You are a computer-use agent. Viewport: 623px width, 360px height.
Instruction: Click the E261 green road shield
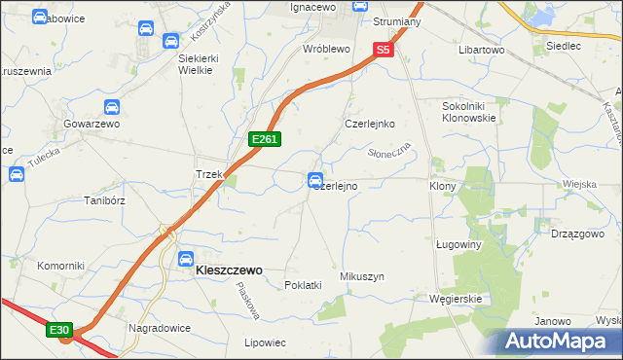pyautogui.click(x=265, y=140)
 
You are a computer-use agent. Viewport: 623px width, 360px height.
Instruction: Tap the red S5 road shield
pyautogui.click(x=384, y=50)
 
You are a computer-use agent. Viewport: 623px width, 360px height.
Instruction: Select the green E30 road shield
pyautogui.click(x=58, y=331)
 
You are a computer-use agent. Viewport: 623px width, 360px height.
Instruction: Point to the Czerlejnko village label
pyautogui.click(x=369, y=124)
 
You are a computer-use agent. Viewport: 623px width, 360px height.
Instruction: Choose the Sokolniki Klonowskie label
pyautogui.click(x=469, y=111)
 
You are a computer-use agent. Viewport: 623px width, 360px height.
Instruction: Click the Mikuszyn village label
pyautogui.click(x=362, y=276)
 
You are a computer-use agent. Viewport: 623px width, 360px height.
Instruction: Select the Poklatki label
pyautogui.click(x=303, y=285)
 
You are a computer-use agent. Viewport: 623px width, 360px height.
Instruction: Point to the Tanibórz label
pyautogui.click(x=104, y=200)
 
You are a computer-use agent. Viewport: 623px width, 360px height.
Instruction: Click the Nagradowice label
pyautogui.click(x=158, y=328)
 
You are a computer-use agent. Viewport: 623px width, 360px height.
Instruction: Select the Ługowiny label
pyautogui.click(x=459, y=245)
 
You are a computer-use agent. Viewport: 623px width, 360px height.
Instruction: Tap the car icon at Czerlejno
pyautogui.click(x=315, y=180)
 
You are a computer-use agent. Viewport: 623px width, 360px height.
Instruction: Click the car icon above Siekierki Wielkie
pyautogui.click(x=170, y=41)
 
